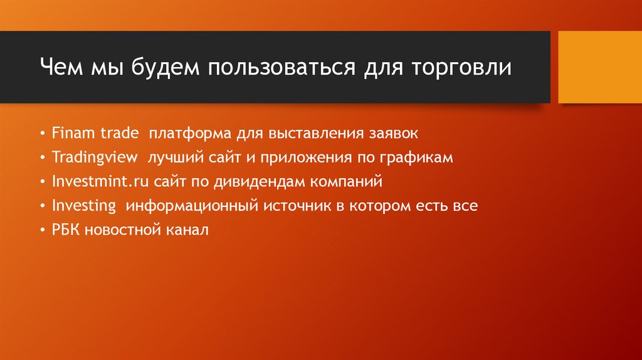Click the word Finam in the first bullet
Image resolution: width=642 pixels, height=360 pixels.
[71, 134]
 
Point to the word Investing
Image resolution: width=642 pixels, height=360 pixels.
[84, 206]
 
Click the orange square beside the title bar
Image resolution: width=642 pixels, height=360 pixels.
[599, 66]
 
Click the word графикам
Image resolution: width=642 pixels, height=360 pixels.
[421, 157]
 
